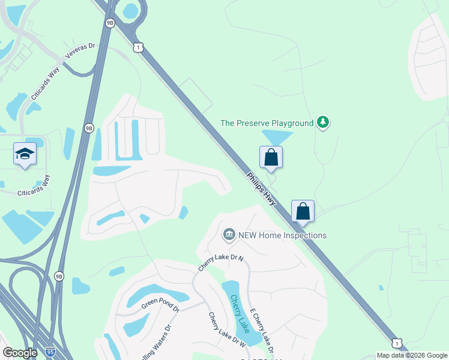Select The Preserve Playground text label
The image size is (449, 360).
pos(267,123)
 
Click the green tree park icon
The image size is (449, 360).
pos(324,122)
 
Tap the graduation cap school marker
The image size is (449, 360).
pos(25,155)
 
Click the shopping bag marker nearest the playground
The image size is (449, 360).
pos(271,157)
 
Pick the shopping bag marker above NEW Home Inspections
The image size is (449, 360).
pos(303,211)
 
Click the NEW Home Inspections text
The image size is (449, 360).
pos(282,235)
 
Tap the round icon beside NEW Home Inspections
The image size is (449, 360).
pos(229,235)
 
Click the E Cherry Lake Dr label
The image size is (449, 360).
pos(262,331)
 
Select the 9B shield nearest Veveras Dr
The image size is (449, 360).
pos(109,23)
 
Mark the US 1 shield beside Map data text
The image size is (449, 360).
pos(397,342)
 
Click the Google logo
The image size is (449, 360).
pos(20,353)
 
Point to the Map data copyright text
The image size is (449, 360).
pos(411,355)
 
